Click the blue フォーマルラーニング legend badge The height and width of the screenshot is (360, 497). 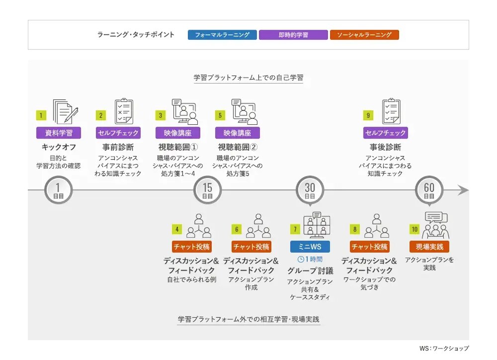[222, 35]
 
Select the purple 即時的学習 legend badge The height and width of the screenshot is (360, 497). [293, 35]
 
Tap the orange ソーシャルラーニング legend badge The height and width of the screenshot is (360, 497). [364, 35]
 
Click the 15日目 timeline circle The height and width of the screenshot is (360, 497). [208, 190]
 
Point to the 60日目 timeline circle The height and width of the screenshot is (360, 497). [429, 190]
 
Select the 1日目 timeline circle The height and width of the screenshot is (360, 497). [58, 190]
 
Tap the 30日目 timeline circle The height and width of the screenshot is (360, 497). [310, 190]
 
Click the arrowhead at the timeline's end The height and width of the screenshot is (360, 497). [463, 190]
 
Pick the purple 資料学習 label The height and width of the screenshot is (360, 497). [59, 133]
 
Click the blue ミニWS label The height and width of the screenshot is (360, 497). [310, 247]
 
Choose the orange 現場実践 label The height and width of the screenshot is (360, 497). [429, 247]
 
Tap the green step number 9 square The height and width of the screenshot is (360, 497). [368, 115]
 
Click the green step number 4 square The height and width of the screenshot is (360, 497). [177, 229]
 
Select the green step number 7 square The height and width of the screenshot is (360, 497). [295, 229]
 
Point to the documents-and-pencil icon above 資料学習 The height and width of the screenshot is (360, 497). [66, 112]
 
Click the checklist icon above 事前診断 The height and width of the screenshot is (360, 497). [124, 111]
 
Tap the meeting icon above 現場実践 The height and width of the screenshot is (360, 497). [435, 225]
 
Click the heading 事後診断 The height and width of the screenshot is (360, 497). [386, 147]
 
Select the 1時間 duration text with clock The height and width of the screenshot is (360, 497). [310, 260]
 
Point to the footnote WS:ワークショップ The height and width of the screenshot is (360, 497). [444, 348]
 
